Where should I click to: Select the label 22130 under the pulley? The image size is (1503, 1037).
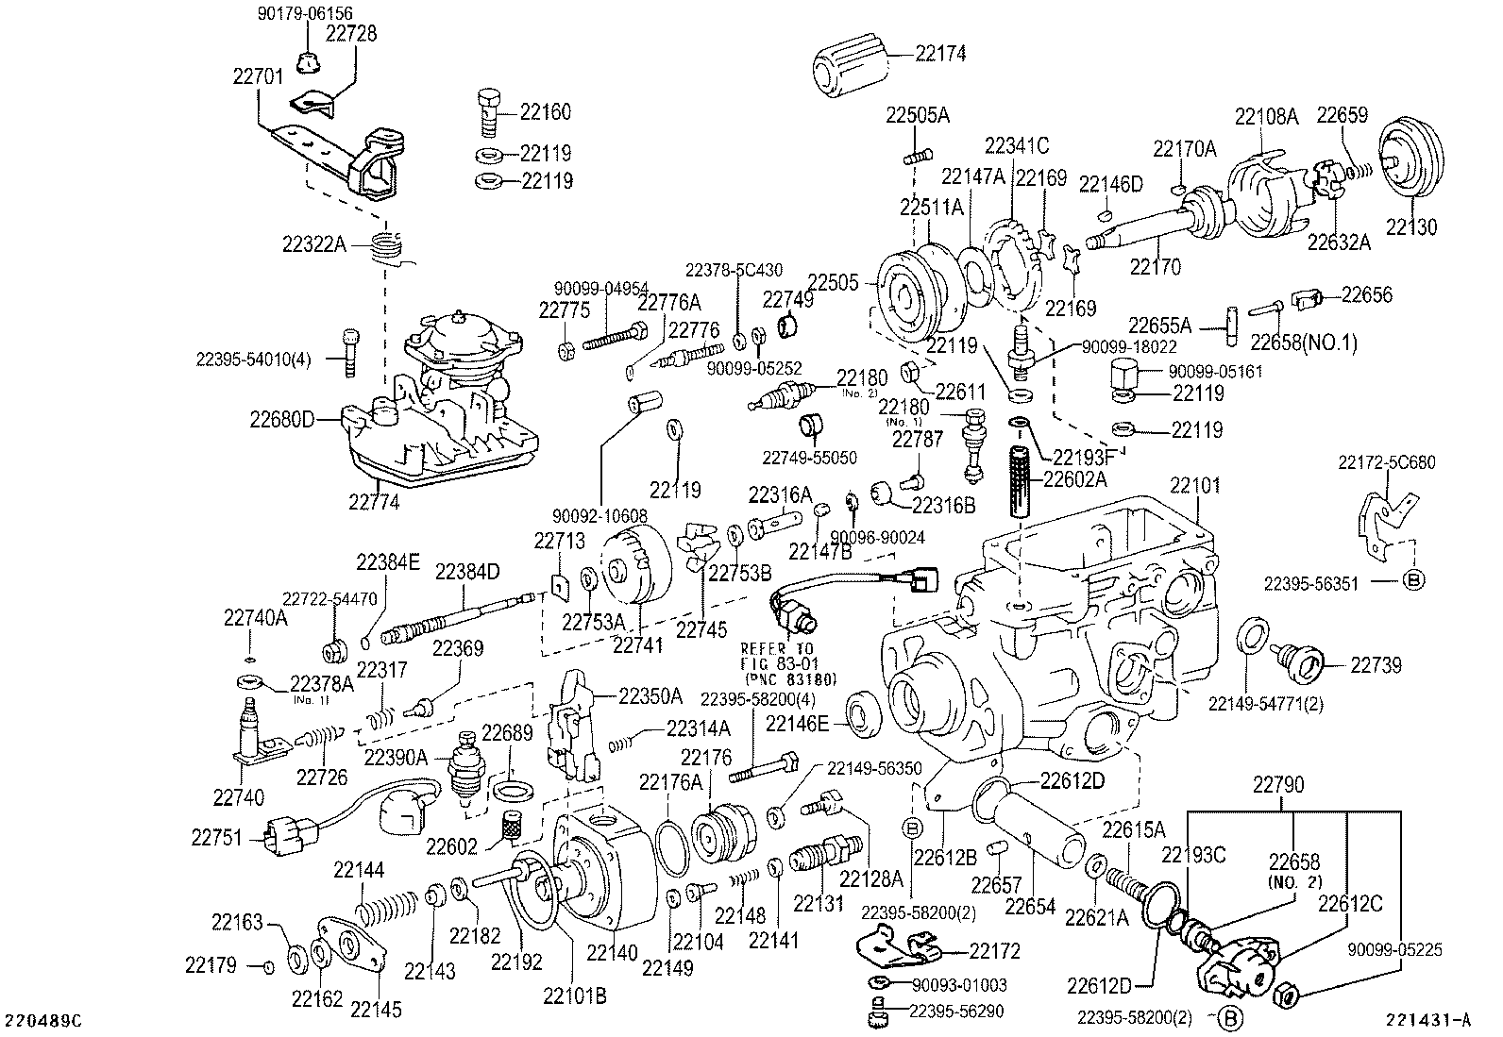click(x=1410, y=226)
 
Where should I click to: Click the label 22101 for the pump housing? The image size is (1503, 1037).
click(x=1194, y=486)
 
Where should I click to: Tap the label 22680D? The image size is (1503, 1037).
click(x=281, y=417)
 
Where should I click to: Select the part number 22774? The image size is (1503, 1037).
click(x=374, y=503)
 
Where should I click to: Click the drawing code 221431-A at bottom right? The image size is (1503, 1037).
click(x=1428, y=1020)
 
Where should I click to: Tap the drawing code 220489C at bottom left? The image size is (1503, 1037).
click(x=44, y=1021)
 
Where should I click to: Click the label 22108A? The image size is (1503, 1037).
click(x=1266, y=117)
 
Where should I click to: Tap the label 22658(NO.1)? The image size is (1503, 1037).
click(x=1304, y=343)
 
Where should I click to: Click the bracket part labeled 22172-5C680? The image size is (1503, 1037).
click(x=1380, y=518)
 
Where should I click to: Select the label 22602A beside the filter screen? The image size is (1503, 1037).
click(x=1073, y=479)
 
